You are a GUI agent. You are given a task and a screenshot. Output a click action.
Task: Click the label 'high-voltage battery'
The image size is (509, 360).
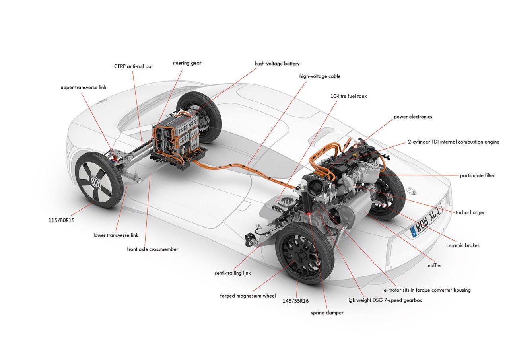click(277, 64)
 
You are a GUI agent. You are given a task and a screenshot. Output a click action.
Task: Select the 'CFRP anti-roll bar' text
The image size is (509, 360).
click(134, 66)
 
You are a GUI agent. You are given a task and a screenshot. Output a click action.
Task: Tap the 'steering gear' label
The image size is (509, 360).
click(187, 63)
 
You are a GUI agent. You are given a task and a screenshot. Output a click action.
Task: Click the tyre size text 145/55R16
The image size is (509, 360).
click(295, 301)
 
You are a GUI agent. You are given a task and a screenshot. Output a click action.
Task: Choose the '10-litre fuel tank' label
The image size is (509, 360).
click(349, 96)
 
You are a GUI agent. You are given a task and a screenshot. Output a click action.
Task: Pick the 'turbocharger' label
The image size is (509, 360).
click(470, 212)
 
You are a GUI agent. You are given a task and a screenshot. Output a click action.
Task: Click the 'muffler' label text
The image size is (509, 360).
click(434, 265)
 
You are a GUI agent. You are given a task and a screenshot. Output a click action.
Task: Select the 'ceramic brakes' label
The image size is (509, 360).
click(462, 245)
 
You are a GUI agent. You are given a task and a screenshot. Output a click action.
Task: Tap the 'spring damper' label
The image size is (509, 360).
click(327, 313)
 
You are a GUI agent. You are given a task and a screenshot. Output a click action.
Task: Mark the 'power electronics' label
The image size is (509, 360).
click(413, 117)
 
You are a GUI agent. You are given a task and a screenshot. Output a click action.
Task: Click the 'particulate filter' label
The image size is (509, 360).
click(477, 175)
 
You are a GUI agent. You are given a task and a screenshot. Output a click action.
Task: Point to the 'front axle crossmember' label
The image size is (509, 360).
click(152, 249)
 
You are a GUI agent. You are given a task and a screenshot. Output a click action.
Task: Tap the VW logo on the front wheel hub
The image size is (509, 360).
click(95, 183)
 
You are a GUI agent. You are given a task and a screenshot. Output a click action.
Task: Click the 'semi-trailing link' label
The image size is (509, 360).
click(233, 273)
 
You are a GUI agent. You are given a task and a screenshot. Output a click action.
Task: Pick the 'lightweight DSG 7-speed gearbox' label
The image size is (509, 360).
click(384, 300)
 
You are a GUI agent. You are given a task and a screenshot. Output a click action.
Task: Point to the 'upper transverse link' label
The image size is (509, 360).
click(84, 87)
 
